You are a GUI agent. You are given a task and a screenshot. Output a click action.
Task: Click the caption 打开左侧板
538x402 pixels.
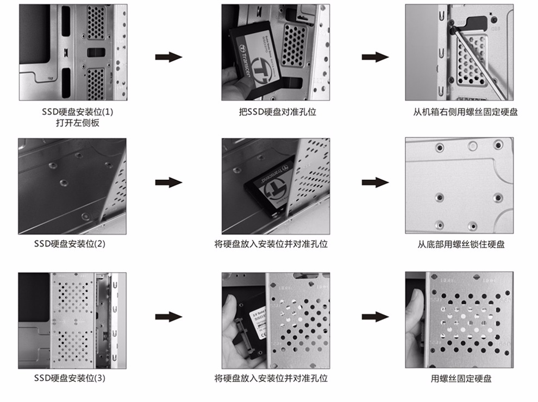(72, 123)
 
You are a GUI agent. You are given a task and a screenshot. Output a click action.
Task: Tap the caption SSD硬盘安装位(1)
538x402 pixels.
(72, 112)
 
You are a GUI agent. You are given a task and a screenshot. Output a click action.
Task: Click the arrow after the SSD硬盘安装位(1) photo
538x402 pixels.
(168, 57)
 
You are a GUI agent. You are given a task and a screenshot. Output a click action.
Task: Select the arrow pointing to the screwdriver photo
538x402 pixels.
(375, 57)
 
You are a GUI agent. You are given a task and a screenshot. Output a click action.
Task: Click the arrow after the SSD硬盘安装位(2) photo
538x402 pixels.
(168, 183)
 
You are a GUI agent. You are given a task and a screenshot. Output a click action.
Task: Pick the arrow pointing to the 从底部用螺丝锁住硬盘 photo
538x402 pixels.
(375, 183)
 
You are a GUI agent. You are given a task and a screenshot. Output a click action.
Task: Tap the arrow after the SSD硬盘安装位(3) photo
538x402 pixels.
(168, 316)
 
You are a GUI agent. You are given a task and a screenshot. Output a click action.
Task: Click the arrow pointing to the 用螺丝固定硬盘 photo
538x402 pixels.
(375, 316)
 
